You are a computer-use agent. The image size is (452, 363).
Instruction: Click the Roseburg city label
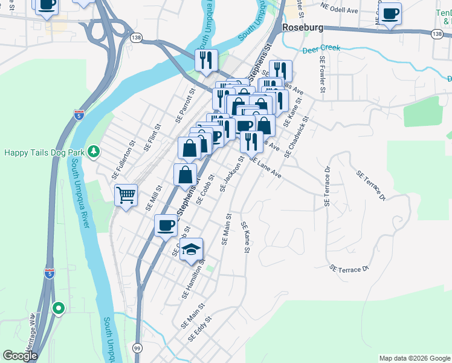pos(303,28)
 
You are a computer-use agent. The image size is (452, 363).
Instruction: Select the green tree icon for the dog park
pos(93,151)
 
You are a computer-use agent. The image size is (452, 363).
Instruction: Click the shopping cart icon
pos(126,195)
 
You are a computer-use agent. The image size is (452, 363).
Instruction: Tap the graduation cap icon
pos(191,249)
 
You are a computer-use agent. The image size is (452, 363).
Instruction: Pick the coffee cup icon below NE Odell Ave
pos(390,13)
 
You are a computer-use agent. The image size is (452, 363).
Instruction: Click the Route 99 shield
pos(138,349)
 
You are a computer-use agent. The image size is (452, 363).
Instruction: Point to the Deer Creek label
pos(321,48)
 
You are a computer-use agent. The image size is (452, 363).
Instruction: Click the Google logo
pos(19,356)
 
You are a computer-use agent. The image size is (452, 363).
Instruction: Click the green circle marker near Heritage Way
pos(58,308)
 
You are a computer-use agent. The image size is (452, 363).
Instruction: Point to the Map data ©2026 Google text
pos(415,358)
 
